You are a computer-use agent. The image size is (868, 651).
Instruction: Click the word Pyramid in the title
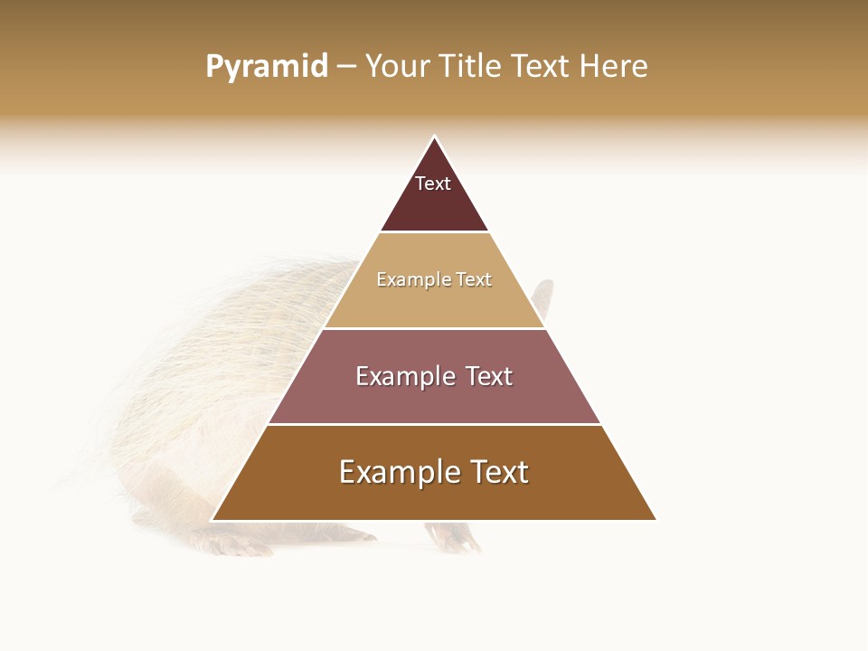click(267, 67)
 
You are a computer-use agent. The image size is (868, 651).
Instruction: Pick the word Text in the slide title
click(542, 67)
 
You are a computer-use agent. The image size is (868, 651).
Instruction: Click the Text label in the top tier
click(433, 184)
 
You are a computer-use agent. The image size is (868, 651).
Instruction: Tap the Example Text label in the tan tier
click(434, 280)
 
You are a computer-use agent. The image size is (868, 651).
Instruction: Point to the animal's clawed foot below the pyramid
click(459, 540)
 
